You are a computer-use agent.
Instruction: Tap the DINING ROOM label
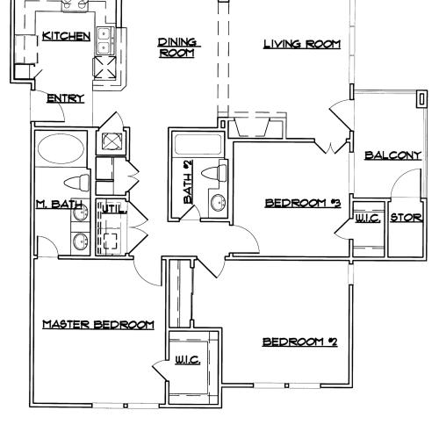coord(176,47)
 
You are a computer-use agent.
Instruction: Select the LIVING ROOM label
coord(302,43)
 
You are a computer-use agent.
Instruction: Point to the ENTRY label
coord(65,99)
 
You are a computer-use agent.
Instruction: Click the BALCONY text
coord(392,155)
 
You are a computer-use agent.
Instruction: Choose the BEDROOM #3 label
coord(302,204)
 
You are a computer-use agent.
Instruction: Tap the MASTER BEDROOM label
coord(98,325)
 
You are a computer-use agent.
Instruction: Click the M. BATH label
coord(60,205)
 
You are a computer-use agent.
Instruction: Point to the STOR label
coord(406,218)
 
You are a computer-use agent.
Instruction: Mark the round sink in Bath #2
coord(217,204)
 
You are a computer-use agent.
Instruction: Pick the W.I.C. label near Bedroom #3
coord(368,218)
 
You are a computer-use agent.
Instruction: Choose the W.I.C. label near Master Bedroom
coord(186,359)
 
